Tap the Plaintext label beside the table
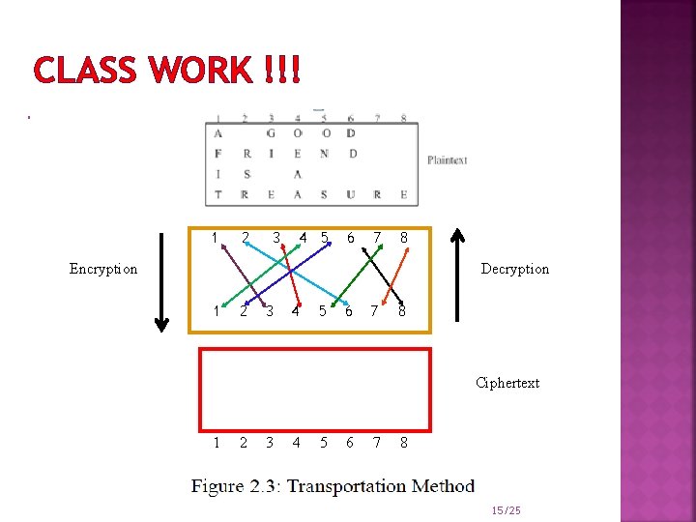pyautogui.click(x=448, y=159)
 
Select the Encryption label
pyautogui.click(x=103, y=269)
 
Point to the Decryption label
pyautogui.click(x=514, y=269)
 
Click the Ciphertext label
pyautogui.click(x=507, y=383)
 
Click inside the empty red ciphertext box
pyautogui.click(x=314, y=389)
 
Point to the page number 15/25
pyautogui.click(x=506, y=509)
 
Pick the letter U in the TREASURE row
pyautogui.click(x=350, y=194)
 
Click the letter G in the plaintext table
pyautogui.click(x=271, y=133)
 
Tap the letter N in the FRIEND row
pyautogui.click(x=324, y=154)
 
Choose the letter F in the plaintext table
pyautogui.click(x=218, y=154)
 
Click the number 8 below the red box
pyautogui.click(x=403, y=443)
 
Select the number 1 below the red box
pyautogui.click(x=217, y=443)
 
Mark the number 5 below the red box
pyautogui.click(x=323, y=443)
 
